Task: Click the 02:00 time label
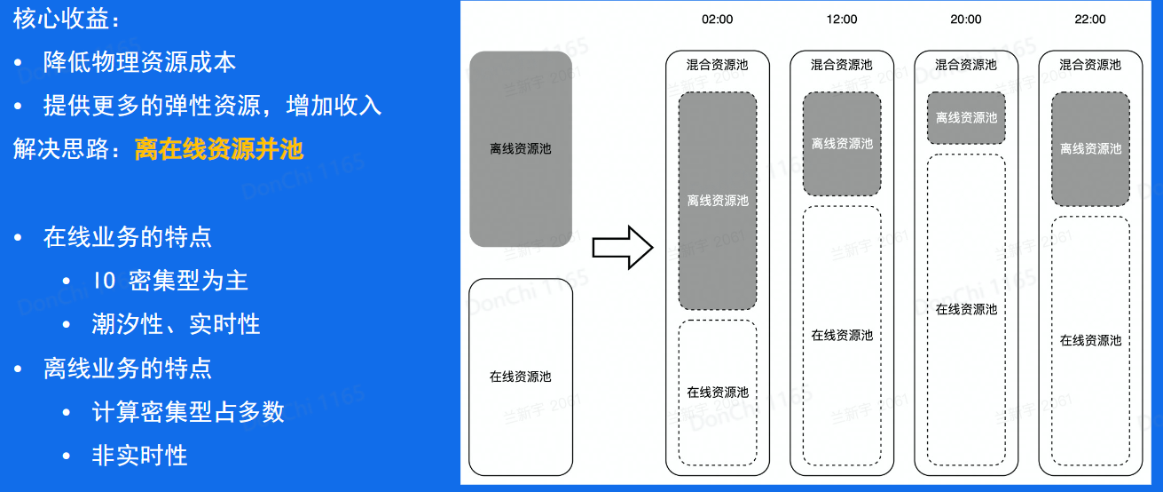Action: pos(718,19)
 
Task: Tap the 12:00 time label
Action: pos(842,19)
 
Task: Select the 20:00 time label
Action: pos(966,19)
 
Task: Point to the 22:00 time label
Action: pos(1090,19)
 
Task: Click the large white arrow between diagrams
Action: pos(622,246)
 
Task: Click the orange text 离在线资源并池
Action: pos(219,149)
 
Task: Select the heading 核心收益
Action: pos(67,20)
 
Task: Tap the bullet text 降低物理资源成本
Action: pos(140,62)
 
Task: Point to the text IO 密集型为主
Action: pos(170,281)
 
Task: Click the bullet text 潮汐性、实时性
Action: pos(176,324)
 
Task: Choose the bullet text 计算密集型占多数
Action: pos(188,411)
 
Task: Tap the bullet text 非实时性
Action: pos(139,456)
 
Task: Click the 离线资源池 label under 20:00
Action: pos(966,118)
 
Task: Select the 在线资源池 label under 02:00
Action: pos(718,393)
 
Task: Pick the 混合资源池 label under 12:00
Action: pos(842,65)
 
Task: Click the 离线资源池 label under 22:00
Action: pos(1090,149)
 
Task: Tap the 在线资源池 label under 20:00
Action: pos(966,310)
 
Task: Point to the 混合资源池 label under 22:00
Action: pos(1090,65)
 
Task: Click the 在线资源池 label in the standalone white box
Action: pos(521,377)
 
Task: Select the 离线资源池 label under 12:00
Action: pos(842,144)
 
